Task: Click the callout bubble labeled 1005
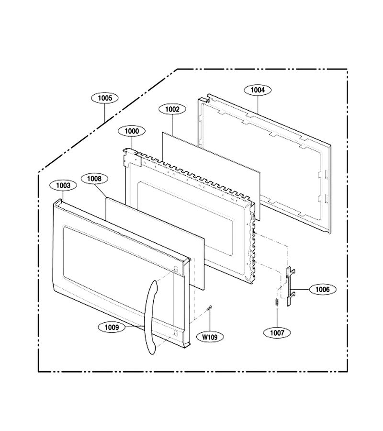coord(105,98)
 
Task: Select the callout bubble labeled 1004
coord(258,90)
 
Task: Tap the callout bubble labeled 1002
coord(172,109)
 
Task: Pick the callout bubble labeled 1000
coord(132,131)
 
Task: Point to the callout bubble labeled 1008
coord(94,179)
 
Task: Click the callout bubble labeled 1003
coord(63,185)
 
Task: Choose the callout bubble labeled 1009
coord(112,327)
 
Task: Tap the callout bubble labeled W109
coord(210,337)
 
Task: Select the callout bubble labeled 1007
coord(277,333)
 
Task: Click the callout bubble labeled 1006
coord(322,289)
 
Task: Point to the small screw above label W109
coord(210,307)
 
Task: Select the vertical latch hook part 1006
coord(290,286)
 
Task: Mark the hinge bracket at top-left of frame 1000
coord(132,157)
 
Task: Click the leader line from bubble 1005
coord(105,113)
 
